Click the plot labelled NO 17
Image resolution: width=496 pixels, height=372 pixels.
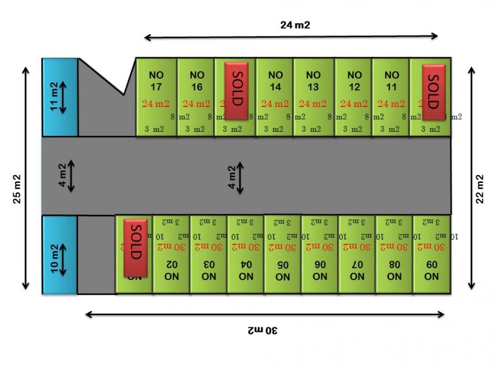tap(155, 80)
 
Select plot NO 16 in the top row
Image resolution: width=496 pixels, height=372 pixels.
tap(197, 80)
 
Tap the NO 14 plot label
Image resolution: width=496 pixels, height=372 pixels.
tap(275, 80)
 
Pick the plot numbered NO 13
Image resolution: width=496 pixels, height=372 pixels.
tap(313, 80)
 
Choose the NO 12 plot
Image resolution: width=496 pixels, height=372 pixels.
tap(354, 80)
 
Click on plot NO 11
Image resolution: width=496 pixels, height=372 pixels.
tap(391, 80)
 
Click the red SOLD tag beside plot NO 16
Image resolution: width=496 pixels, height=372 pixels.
tap(237, 90)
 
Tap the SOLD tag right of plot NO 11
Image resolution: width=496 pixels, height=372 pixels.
tap(434, 90)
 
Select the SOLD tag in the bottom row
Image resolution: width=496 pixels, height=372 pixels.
tap(136, 247)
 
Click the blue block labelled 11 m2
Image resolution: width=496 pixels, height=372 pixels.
tap(60, 97)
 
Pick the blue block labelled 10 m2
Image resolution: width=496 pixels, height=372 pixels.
tap(60, 255)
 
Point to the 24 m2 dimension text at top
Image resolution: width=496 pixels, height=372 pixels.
tap(292, 25)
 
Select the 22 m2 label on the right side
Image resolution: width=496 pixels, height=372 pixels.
tap(479, 188)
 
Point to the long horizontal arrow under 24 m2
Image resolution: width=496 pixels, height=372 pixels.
tap(291, 37)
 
